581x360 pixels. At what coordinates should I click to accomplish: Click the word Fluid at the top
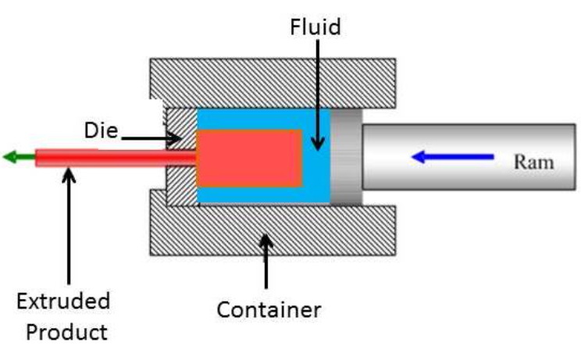coord(315,27)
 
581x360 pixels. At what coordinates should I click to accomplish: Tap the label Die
coord(102,130)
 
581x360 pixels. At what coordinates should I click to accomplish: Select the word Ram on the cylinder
coord(533,162)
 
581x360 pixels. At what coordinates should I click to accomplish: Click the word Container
coord(269,309)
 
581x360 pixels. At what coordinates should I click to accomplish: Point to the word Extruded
coord(63,301)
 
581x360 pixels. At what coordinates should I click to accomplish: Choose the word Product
coord(66,332)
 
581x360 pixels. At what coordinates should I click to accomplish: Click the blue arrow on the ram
coord(453,157)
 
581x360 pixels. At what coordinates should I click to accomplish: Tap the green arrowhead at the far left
coord(10,157)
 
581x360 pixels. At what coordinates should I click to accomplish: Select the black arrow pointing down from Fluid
coord(318,94)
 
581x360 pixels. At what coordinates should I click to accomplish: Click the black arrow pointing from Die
coord(151,139)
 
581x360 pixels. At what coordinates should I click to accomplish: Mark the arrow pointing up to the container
coord(266,261)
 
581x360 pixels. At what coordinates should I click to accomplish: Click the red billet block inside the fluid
coord(249,159)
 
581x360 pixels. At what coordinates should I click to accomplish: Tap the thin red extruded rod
coord(116,158)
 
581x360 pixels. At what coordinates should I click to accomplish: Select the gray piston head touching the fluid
coord(346,156)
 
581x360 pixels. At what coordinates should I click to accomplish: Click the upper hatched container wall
coord(273,83)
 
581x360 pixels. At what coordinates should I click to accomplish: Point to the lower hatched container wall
coord(273,230)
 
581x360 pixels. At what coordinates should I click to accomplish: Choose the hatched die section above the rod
coord(181,129)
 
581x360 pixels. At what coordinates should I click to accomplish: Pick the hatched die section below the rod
coord(181,186)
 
